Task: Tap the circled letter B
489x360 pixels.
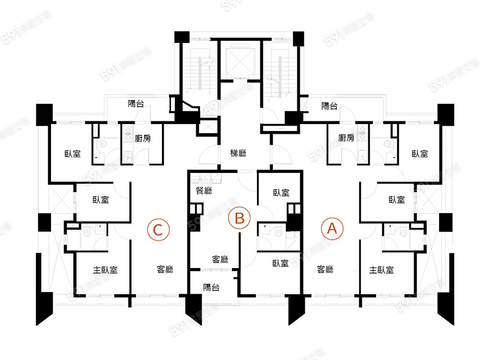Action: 239,219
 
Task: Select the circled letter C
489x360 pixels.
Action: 158,229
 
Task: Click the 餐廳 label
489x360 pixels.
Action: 204,191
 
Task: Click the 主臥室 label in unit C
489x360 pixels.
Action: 105,270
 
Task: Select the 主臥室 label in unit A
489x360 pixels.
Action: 381,270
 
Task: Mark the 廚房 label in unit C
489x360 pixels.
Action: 142,138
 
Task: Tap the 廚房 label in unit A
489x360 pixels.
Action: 346,138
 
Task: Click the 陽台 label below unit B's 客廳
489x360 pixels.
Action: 211,288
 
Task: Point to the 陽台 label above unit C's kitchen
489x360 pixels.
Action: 136,103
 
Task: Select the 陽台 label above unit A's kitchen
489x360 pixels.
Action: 329,106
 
